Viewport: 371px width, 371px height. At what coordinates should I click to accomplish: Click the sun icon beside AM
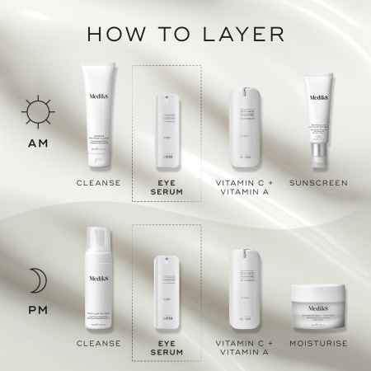tap(37, 111)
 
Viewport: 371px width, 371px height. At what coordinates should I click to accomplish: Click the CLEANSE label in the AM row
tap(99, 182)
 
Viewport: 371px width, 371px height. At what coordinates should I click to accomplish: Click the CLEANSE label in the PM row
tap(99, 342)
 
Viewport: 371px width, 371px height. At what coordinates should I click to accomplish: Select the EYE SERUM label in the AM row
tap(167, 187)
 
